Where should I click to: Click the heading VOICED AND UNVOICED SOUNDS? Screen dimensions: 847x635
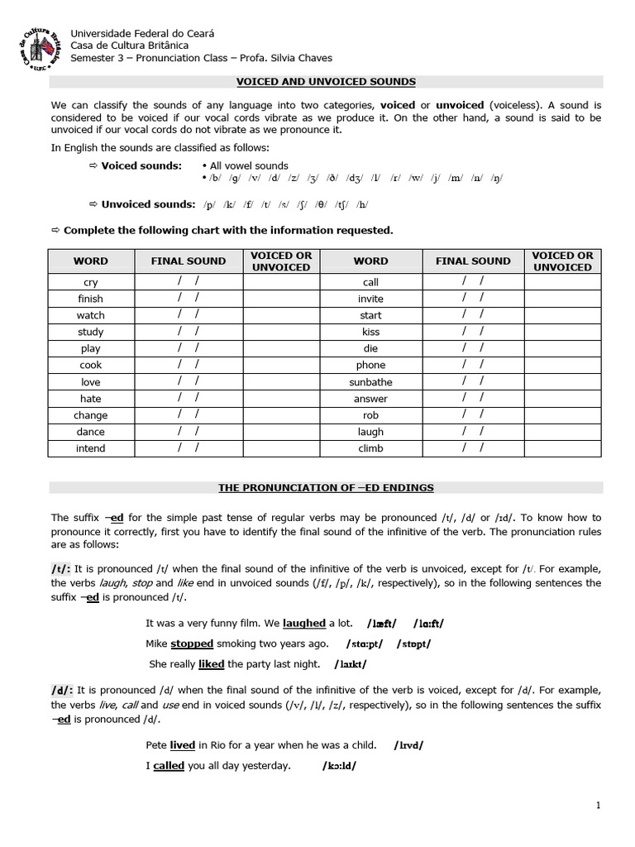[x=326, y=82]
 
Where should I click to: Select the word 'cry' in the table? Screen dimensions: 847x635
[x=91, y=282]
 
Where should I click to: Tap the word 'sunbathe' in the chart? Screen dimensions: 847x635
[x=370, y=382]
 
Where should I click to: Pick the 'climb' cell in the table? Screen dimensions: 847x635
[x=370, y=448]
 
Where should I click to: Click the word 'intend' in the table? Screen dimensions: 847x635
[x=91, y=448]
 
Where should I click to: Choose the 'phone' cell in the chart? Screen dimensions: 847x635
[x=370, y=365]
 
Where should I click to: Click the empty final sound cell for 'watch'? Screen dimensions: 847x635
[x=188, y=315]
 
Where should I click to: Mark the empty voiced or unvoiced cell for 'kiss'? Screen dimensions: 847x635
[x=562, y=332]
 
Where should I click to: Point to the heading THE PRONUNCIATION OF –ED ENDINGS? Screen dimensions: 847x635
[x=326, y=488]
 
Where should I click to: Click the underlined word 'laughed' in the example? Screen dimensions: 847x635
[x=304, y=624]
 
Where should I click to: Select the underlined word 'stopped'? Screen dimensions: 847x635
[x=192, y=644]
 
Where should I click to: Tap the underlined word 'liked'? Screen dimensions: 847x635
[x=211, y=663]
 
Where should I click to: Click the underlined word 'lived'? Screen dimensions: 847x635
[x=183, y=745]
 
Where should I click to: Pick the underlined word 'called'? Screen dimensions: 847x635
[x=169, y=766]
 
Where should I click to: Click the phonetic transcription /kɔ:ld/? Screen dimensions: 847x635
[x=339, y=766]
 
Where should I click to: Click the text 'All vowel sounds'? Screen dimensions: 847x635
[x=249, y=165]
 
